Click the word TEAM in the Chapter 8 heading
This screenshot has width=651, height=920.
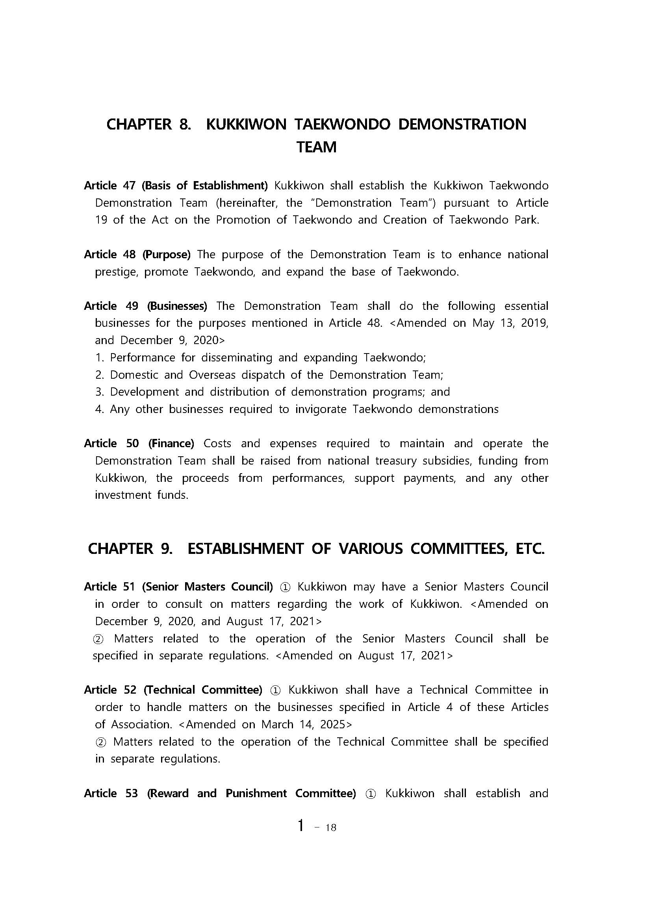[316, 147]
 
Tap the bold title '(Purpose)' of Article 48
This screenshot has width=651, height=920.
[166, 254]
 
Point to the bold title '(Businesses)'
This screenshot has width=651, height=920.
[177, 306]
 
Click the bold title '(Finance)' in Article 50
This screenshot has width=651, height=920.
[171, 444]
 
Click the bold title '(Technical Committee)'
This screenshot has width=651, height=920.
[203, 690]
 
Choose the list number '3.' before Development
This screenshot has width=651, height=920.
[99, 392]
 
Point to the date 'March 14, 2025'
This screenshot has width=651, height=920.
[303, 724]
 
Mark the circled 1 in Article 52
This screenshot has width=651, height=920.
[275, 690]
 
